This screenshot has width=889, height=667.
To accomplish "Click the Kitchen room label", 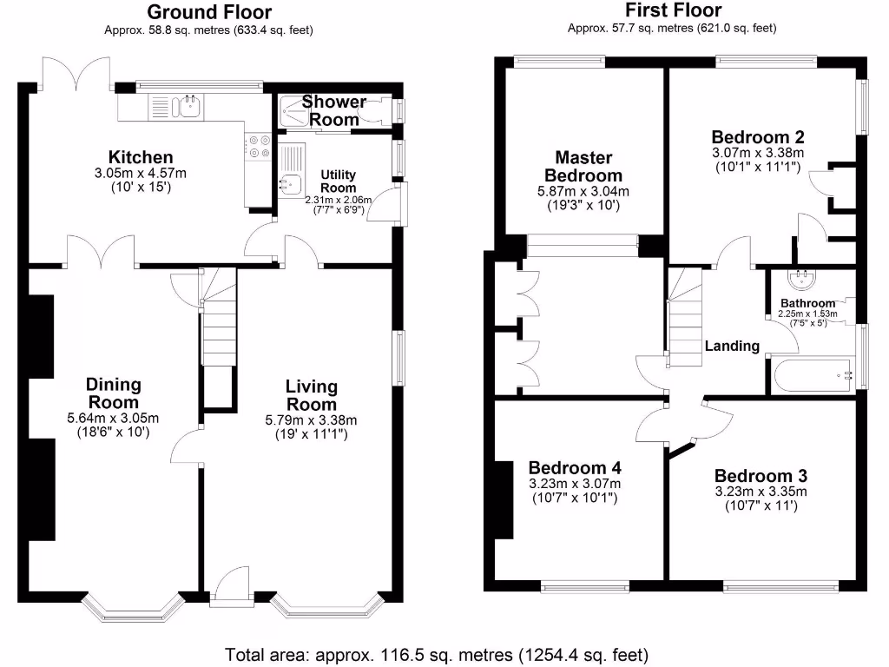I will (145, 157).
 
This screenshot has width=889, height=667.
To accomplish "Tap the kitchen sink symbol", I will (187, 107).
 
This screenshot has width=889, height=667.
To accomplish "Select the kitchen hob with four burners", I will (258, 146).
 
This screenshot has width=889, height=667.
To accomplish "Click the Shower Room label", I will (334, 110).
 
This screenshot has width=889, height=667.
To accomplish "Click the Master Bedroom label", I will (583, 167).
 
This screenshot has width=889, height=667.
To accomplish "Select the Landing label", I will (732, 346).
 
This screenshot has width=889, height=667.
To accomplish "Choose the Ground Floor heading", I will (208, 12).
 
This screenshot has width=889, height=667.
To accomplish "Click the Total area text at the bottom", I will (437, 654).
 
